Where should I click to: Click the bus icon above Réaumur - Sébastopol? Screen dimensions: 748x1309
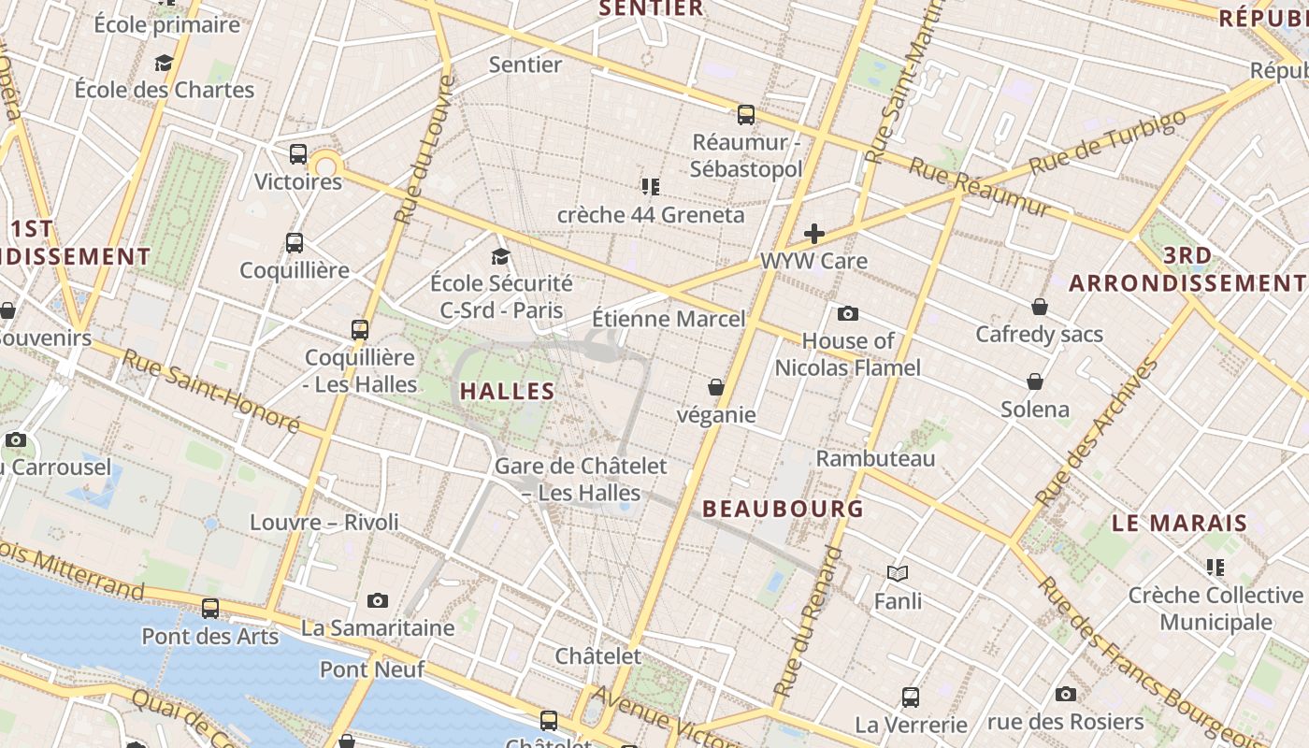point(745,115)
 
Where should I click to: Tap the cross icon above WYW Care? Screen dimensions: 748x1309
point(814,234)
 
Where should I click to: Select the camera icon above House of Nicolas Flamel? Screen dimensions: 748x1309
point(848,313)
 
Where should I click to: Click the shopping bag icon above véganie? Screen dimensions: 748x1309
point(716,386)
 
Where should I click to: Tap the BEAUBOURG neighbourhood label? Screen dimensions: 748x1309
point(783,509)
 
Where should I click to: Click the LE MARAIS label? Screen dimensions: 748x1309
point(1179,523)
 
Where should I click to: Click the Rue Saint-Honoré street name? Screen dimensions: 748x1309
point(210,392)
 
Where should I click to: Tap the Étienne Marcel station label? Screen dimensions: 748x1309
point(669,319)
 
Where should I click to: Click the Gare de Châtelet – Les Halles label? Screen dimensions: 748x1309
point(581,479)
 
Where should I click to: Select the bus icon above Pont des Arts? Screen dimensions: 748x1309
point(210,609)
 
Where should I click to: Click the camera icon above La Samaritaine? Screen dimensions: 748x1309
point(378,600)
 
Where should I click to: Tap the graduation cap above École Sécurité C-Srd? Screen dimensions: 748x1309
point(501,256)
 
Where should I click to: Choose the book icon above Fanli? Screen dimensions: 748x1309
point(898,573)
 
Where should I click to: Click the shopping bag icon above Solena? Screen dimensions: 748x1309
point(1035,381)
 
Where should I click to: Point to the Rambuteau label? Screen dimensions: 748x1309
point(875,458)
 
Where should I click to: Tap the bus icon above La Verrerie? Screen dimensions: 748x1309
point(911,697)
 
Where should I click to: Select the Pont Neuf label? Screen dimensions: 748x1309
point(372,669)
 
